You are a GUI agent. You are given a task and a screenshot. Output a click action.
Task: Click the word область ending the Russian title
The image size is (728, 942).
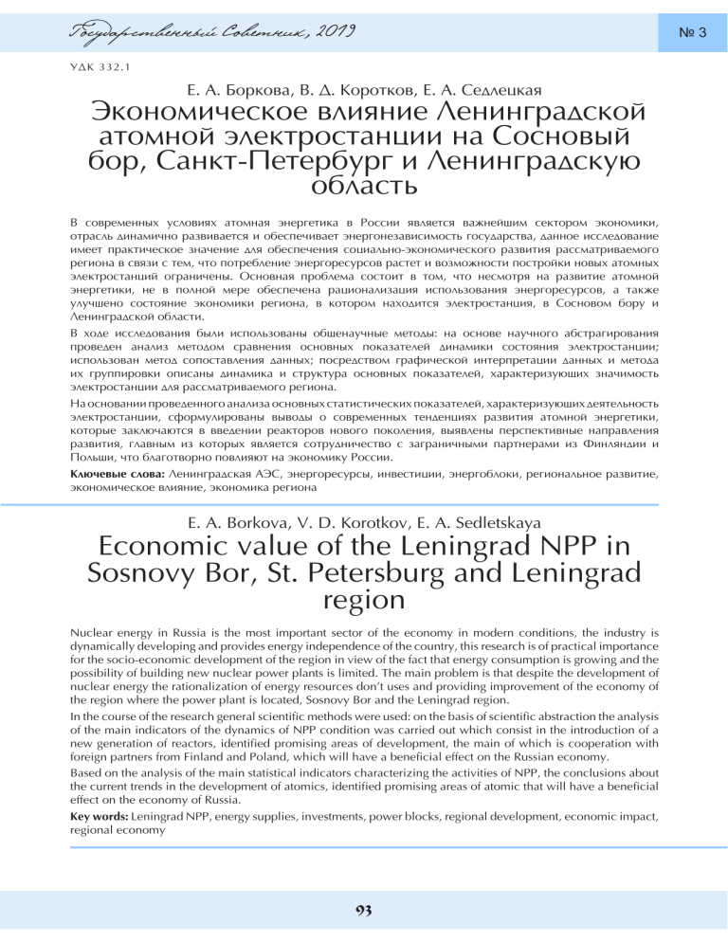tap(364, 181)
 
